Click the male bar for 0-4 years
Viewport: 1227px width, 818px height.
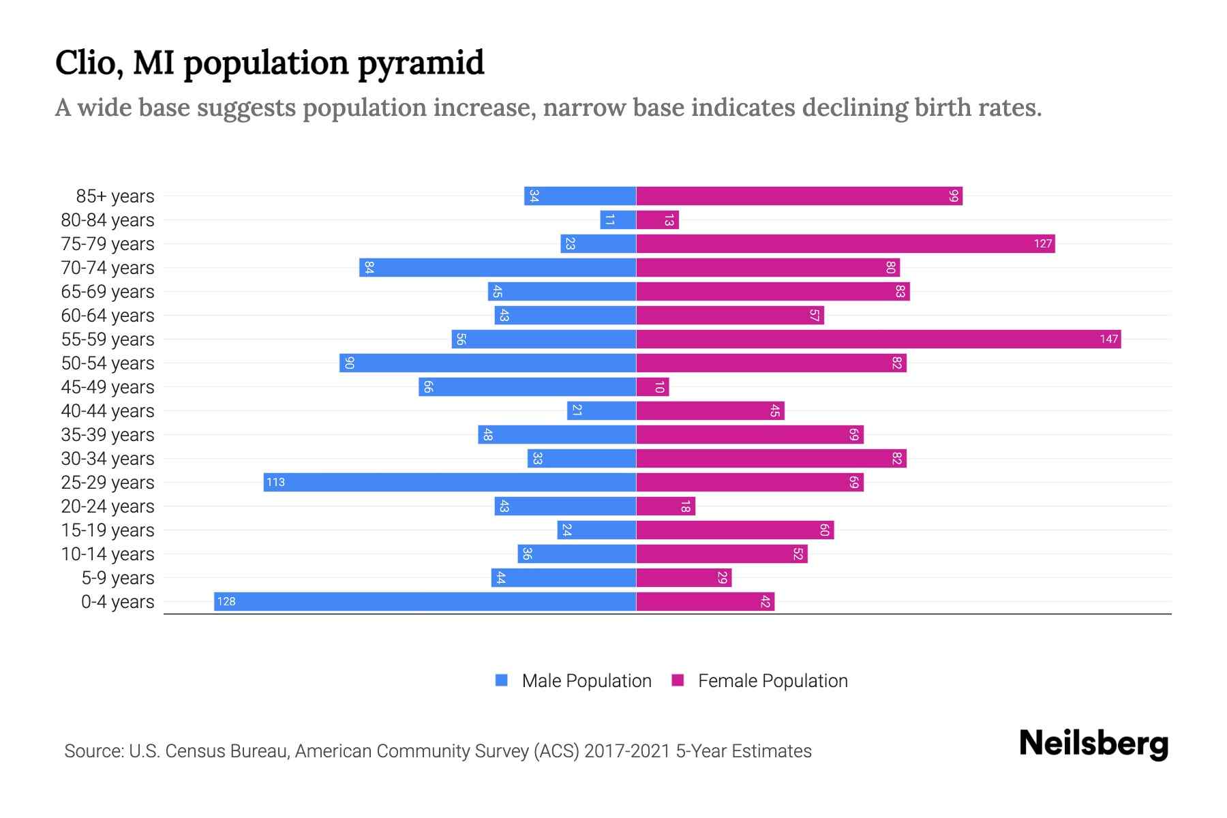pos(425,602)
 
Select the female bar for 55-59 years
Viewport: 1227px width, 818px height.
pos(878,339)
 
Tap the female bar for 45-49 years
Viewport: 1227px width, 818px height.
pos(652,387)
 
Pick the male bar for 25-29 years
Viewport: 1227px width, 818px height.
pos(450,483)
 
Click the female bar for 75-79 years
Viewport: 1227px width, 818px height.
pos(845,244)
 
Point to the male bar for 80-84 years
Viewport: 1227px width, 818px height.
pos(618,220)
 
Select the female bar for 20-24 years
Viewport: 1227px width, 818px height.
pos(665,506)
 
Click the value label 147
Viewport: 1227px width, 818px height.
pos(1108,339)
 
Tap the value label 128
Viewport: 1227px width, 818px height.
pos(226,602)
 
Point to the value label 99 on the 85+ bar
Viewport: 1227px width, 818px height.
pos(954,196)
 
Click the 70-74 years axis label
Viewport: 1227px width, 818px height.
pos(108,268)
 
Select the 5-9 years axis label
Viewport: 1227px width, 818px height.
pos(118,578)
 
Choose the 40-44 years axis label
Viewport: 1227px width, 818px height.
pos(108,411)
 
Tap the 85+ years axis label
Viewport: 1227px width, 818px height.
pos(115,196)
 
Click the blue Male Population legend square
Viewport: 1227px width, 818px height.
pos(502,680)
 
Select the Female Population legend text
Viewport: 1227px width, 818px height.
pos(772,681)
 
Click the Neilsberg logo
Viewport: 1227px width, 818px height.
pos(1093,743)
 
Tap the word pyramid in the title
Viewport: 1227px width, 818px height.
pos(421,63)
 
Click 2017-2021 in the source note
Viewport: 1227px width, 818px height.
pos(627,751)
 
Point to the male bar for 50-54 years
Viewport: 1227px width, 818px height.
pos(487,363)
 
